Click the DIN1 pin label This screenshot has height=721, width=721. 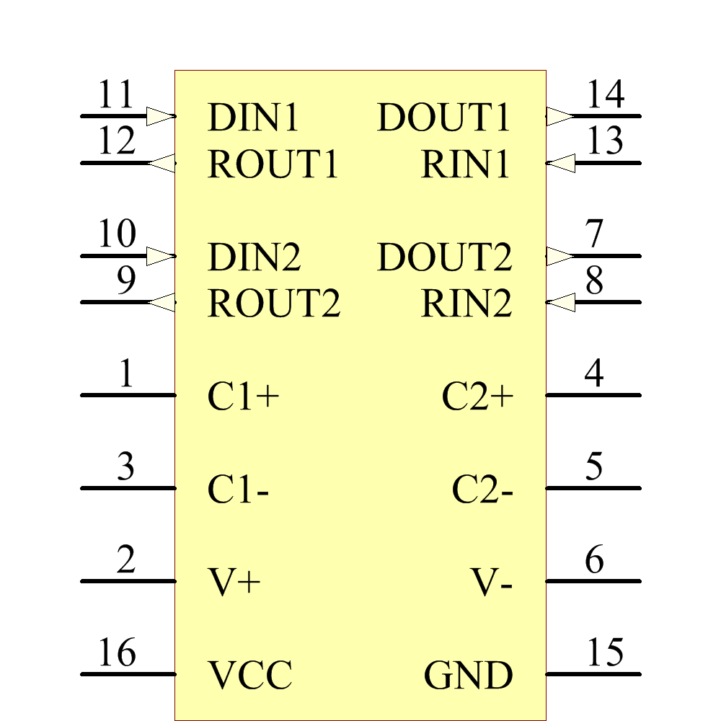(x=253, y=118)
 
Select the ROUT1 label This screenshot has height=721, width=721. (x=273, y=164)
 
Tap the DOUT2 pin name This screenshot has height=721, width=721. (x=444, y=257)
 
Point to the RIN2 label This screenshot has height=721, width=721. (x=466, y=304)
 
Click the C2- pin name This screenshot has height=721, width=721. (x=482, y=490)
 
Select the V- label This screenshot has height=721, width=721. (x=492, y=582)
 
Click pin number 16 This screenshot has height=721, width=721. (x=117, y=653)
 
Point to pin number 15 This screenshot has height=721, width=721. (x=605, y=653)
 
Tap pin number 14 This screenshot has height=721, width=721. (x=605, y=94)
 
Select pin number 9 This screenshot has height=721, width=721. (x=126, y=281)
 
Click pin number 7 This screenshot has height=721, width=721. (x=594, y=234)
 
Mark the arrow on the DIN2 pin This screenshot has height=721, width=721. (x=160, y=256)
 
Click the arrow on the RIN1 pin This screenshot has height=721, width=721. (x=561, y=163)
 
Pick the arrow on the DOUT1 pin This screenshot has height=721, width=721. (x=559, y=116)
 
